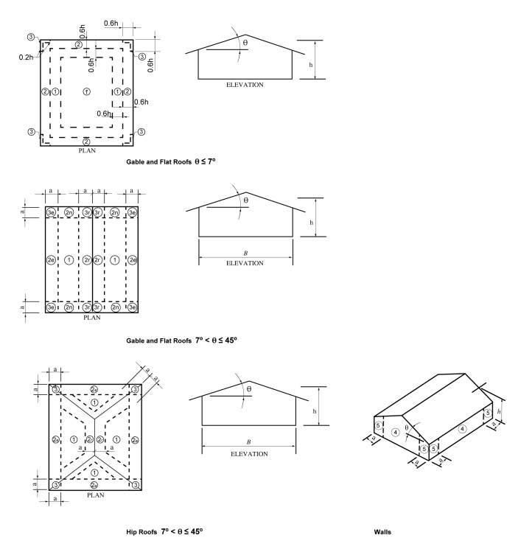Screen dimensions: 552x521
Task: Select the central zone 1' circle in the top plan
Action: (86, 91)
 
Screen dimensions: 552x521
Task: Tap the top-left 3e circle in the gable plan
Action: (51, 212)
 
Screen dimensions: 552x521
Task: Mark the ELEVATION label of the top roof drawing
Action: (245, 85)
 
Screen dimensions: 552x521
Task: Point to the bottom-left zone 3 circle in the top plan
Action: (31, 132)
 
